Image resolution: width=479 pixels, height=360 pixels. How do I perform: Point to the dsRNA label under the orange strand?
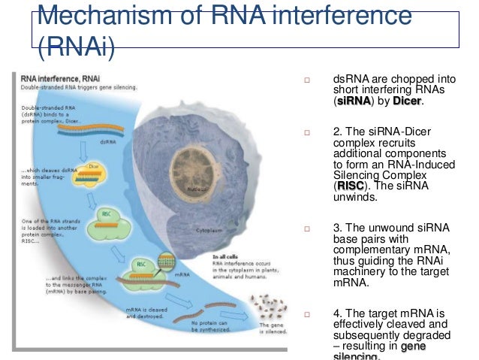108,140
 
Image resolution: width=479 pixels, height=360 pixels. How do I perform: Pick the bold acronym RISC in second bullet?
350,186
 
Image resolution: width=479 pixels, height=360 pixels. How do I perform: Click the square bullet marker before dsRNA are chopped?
306,79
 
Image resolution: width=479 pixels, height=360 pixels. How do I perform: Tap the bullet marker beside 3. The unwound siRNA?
306,229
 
